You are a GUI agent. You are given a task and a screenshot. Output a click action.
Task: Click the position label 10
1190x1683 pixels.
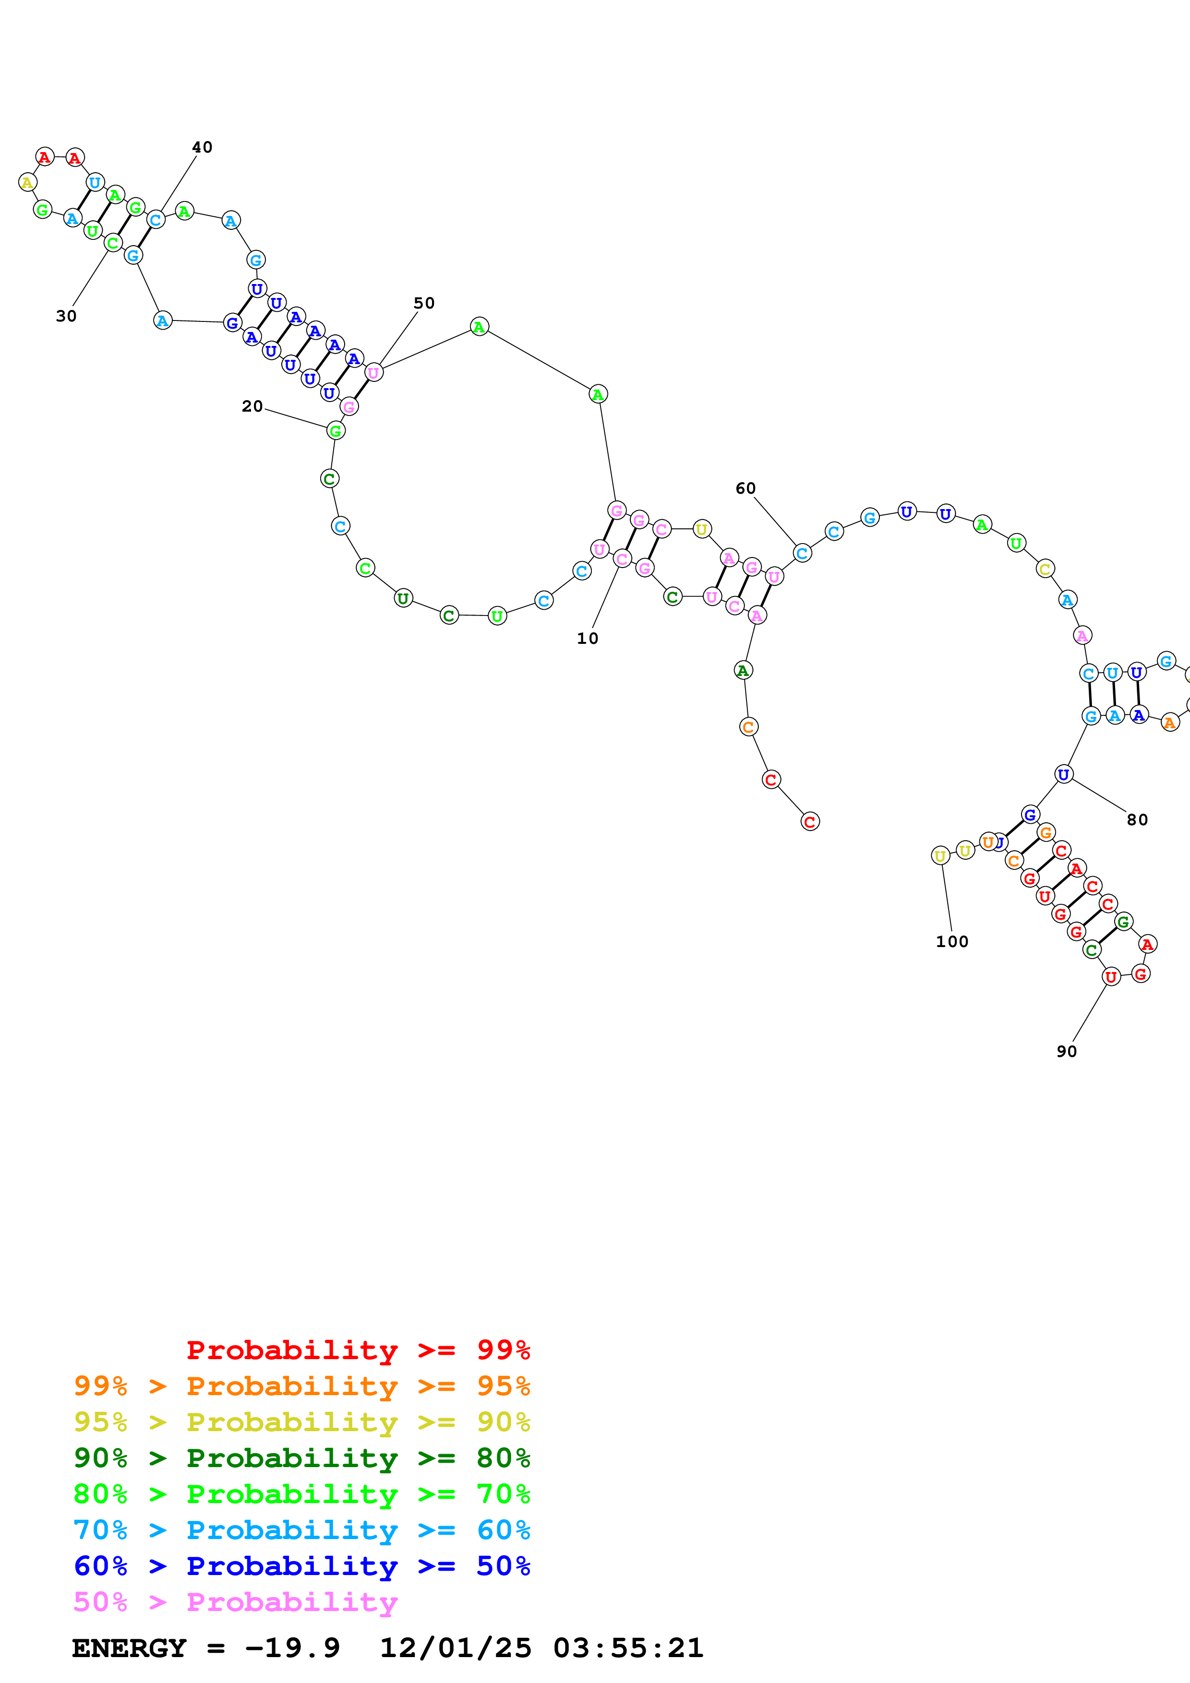(587, 639)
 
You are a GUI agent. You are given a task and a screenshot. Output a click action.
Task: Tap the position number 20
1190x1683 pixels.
(252, 406)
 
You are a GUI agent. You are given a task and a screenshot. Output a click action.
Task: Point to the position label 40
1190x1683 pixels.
(203, 147)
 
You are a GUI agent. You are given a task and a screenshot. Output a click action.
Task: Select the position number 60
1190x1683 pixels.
(745, 488)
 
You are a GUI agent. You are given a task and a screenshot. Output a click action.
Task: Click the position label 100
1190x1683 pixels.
(952, 941)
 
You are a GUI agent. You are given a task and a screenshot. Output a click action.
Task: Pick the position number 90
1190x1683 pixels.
(1067, 1051)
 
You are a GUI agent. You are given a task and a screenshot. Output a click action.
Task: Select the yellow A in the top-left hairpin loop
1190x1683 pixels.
(28, 182)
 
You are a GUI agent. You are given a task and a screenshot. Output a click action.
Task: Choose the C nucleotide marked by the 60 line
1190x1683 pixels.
(802, 554)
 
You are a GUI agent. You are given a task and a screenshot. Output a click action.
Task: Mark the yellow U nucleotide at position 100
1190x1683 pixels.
(940, 855)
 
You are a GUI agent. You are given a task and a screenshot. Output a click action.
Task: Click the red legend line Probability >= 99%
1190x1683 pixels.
(358, 1350)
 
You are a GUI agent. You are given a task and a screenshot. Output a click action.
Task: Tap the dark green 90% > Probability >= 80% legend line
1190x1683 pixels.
(302, 1458)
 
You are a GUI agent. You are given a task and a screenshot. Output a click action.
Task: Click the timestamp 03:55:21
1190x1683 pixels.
(628, 1648)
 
